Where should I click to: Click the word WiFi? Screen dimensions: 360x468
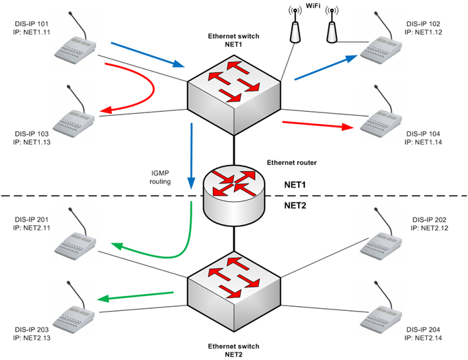(313, 5)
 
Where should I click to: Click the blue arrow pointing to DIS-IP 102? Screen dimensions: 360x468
(327, 68)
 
